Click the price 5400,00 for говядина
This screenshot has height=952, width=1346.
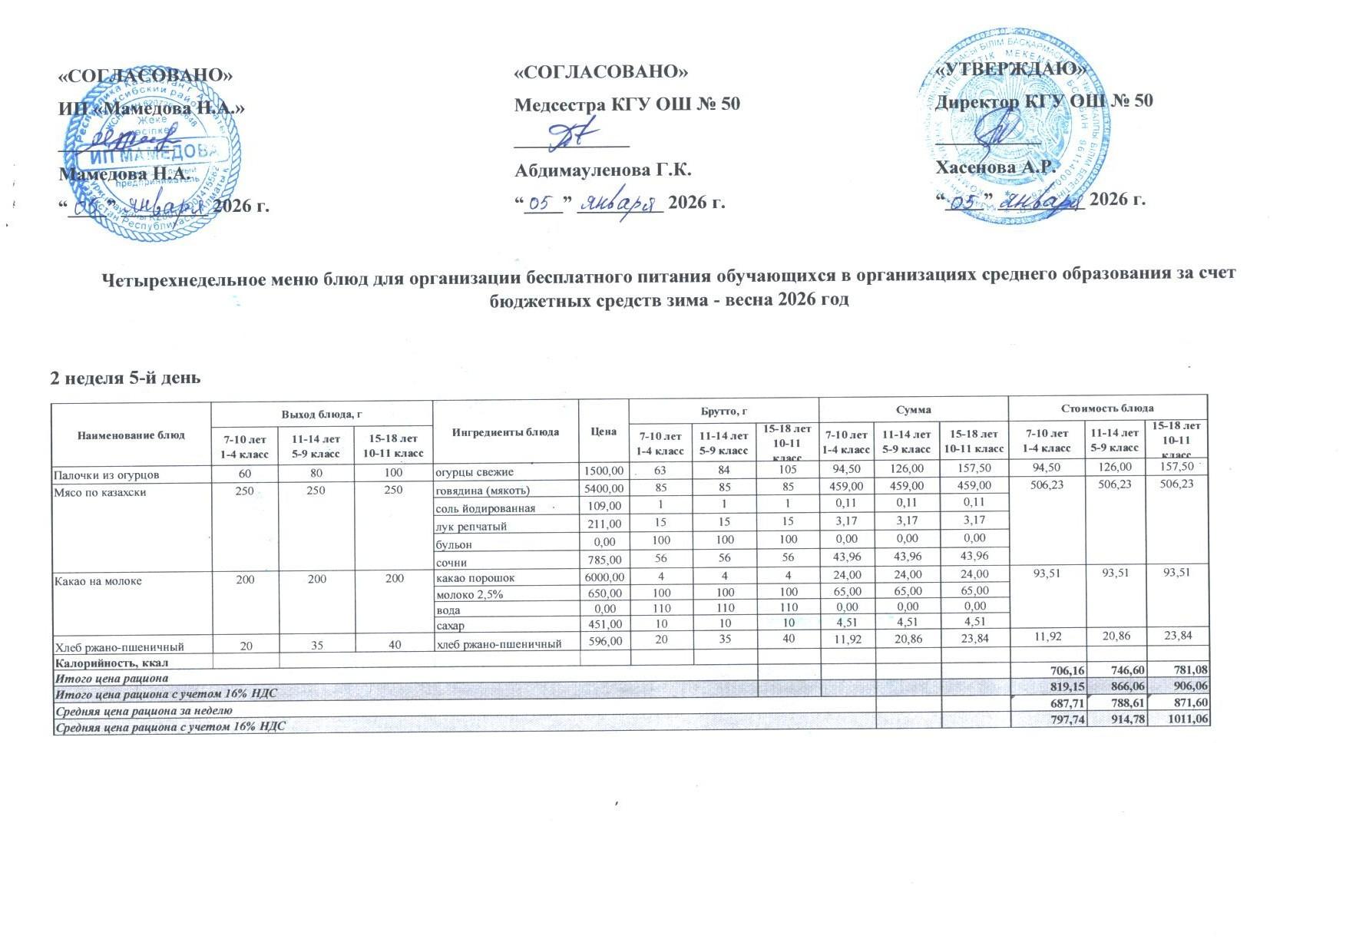click(604, 489)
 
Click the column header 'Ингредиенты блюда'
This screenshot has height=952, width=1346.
click(505, 431)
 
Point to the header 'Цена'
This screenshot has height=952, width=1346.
click(604, 431)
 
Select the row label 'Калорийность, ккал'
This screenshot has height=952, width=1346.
click(111, 663)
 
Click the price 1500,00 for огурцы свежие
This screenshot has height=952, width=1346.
click(604, 471)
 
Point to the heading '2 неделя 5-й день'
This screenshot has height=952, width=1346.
click(125, 378)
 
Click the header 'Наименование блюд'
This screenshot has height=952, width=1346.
click(131, 435)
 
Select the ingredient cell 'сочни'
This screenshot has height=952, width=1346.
click(452, 562)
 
